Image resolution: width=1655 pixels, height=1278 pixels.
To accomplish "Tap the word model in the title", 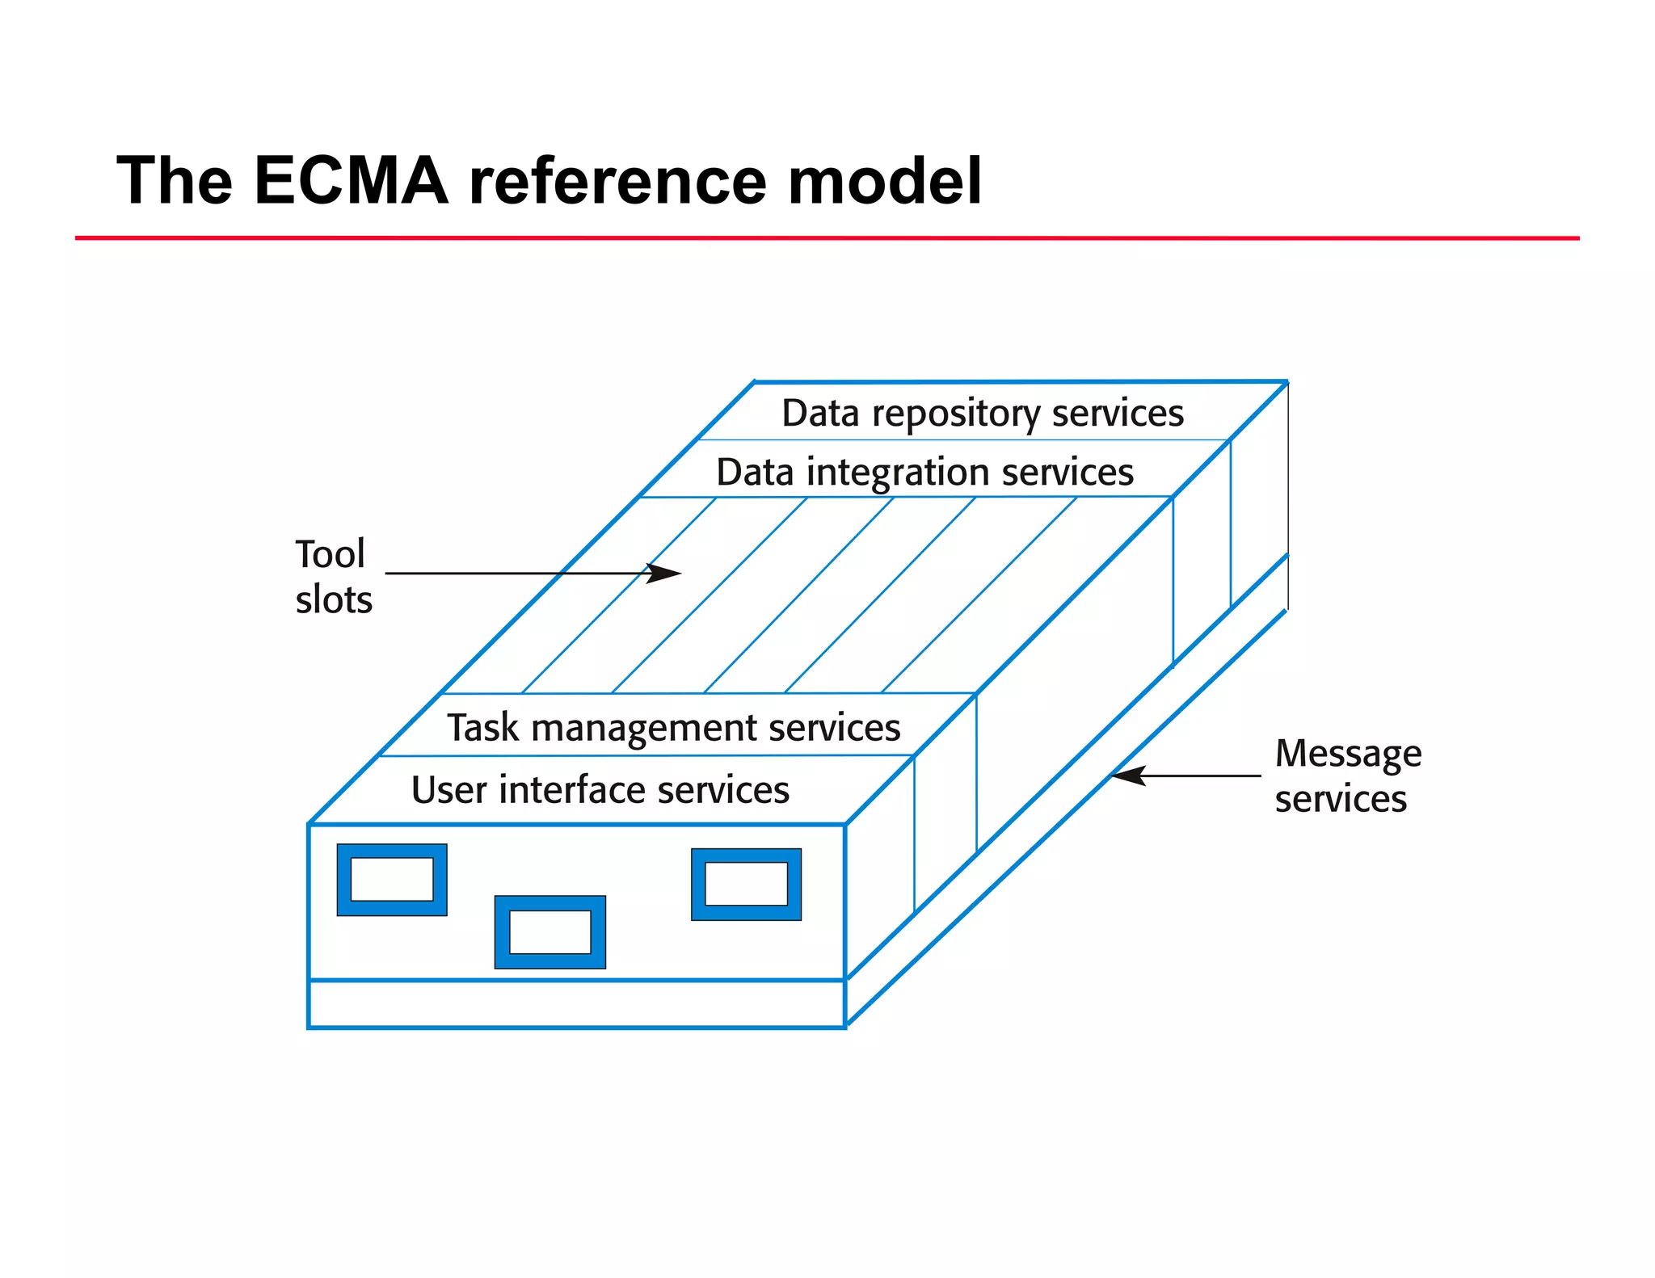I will (x=884, y=181).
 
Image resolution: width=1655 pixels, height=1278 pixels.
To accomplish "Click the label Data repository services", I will (x=982, y=413).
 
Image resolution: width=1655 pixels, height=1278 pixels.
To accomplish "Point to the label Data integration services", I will (x=924, y=472).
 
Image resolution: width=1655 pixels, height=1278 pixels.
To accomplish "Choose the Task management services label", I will (x=673, y=727).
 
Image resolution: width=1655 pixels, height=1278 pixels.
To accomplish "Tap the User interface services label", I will (x=600, y=789).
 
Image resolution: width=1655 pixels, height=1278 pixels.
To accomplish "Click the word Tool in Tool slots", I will (x=330, y=554).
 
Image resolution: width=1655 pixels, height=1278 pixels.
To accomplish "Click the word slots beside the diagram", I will (x=334, y=599).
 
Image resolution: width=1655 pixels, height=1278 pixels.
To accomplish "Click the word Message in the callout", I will (x=1348, y=754).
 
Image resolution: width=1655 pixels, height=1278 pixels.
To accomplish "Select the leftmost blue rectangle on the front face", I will (x=392, y=880).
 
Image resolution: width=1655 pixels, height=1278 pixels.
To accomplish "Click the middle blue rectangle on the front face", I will (x=550, y=931).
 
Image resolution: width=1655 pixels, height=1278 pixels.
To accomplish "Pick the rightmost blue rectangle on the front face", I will (x=746, y=885).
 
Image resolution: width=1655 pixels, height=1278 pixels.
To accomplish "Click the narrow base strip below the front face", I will (x=576, y=1004).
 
